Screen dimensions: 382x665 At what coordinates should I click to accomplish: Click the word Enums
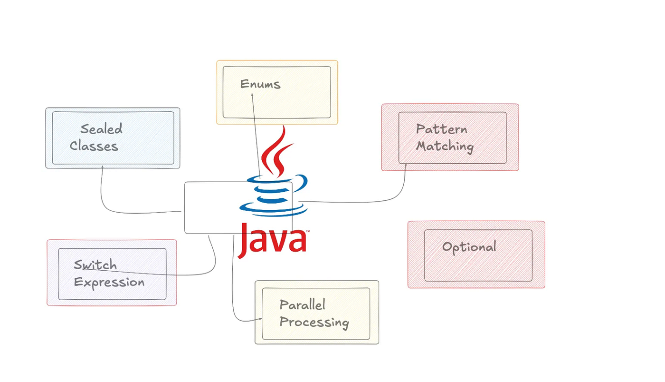pos(260,85)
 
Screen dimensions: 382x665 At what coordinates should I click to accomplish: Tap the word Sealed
pos(101,129)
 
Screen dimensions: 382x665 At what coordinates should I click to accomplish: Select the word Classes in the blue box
pos(94,146)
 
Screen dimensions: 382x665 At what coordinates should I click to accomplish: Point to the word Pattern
pos(441,129)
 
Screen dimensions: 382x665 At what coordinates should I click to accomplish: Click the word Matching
pos(445,146)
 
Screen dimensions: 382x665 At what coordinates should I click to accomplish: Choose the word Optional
pos(469,247)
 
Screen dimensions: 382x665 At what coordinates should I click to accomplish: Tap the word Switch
pos(95,264)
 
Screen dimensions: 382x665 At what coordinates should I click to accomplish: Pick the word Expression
pos(109,282)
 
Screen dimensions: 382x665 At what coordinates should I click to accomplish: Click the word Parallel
pos(302,304)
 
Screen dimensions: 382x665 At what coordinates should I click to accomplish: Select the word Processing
pos(314,322)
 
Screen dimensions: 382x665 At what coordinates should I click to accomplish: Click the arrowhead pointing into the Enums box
pos(252,96)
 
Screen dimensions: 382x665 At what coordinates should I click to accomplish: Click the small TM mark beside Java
pos(308,231)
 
